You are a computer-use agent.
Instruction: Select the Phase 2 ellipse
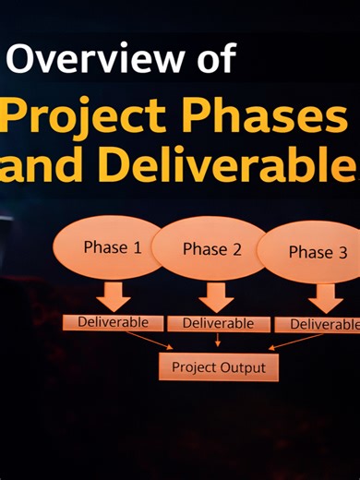coord(211,249)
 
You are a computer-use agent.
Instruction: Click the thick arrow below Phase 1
coord(114,296)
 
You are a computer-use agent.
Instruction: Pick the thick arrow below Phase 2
coord(217,297)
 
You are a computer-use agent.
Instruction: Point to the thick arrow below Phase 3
coord(325,298)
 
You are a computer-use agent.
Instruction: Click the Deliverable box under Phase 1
coord(113,322)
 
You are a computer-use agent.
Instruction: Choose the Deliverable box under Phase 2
coord(218,324)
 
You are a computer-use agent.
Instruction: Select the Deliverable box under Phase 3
coord(322,325)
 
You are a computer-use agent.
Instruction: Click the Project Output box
coord(218,367)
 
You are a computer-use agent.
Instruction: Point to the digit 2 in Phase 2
coord(236,249)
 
